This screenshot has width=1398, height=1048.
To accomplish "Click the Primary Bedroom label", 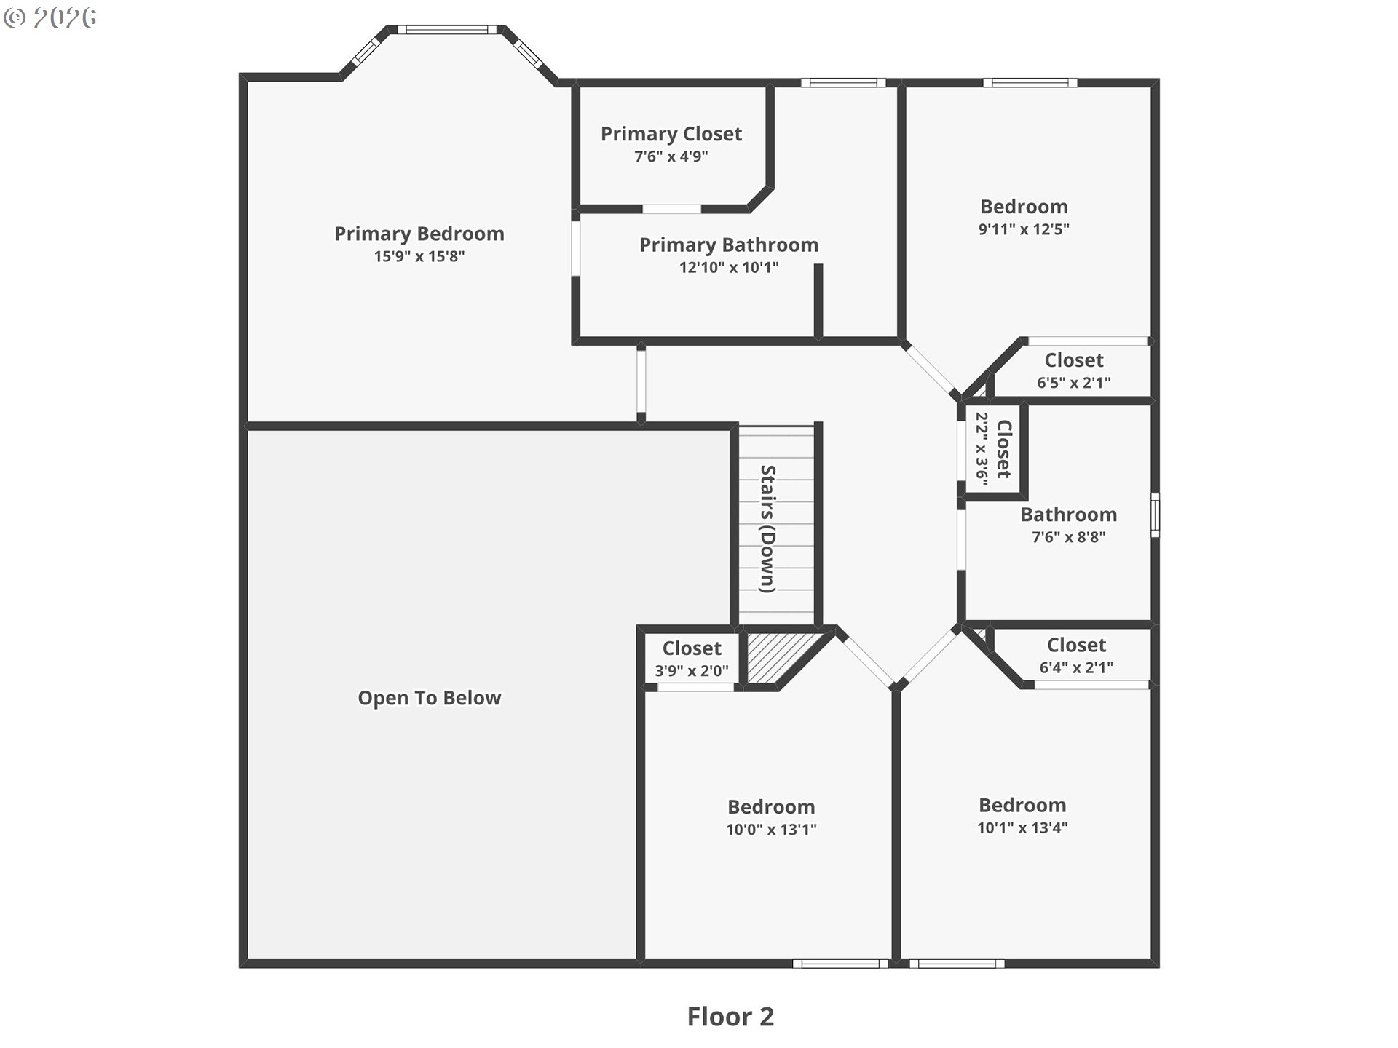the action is click(419, 234).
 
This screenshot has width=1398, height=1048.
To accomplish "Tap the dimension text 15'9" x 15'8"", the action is click(419, 256).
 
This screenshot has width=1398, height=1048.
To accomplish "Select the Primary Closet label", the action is click(671, 134).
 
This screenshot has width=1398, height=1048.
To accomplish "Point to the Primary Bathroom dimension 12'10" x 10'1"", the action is click(729, 267).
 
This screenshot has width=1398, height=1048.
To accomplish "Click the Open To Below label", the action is click(429, 698).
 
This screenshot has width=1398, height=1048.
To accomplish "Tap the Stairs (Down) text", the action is click(767, 529).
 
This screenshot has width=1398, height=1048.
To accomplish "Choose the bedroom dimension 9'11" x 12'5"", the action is click(1024, 229).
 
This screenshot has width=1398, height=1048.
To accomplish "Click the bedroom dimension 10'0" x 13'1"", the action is click(771, 829).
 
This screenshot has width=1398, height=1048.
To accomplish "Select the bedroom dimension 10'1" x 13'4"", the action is click(1022, 827).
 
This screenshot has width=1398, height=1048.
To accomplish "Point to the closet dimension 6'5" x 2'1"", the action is click(1074, 383).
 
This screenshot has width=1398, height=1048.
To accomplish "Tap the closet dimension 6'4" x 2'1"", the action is click(1076, 667).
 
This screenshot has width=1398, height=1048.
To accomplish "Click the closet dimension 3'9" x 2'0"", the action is click(691, 670).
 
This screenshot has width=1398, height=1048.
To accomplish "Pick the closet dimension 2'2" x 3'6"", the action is click(982, 449).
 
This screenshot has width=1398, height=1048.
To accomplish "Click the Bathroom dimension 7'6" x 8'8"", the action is click(1068, 537).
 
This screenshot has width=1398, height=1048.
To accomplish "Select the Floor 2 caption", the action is click(730, 1017).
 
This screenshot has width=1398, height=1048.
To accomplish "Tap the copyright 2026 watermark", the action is click(50, 18).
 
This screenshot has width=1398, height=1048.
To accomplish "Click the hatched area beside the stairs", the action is click(779, 657).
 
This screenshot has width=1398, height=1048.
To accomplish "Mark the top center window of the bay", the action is click(447, 30).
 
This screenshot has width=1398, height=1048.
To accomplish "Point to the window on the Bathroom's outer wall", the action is click(1155, 515).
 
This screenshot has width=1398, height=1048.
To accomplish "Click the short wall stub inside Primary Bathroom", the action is click(818, 301).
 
